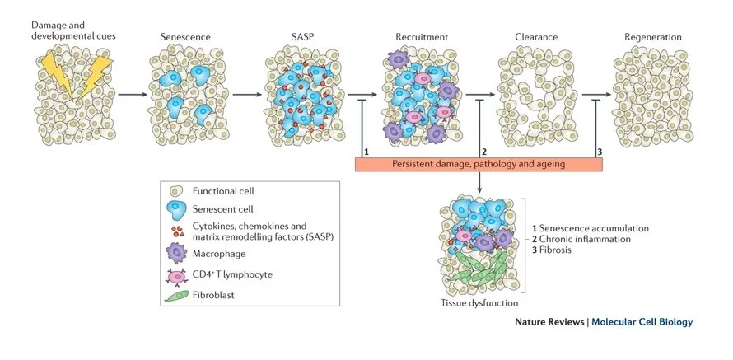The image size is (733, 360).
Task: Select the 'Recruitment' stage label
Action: click(420, 37)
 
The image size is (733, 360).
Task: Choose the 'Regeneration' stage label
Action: click(653, 37)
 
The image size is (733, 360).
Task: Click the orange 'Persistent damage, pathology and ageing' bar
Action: click(479, 163)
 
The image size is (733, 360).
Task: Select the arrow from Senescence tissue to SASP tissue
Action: click(245, 95)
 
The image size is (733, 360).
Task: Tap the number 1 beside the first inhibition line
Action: click(365, 152)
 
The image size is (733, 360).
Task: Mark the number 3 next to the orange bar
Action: click(600, 152)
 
